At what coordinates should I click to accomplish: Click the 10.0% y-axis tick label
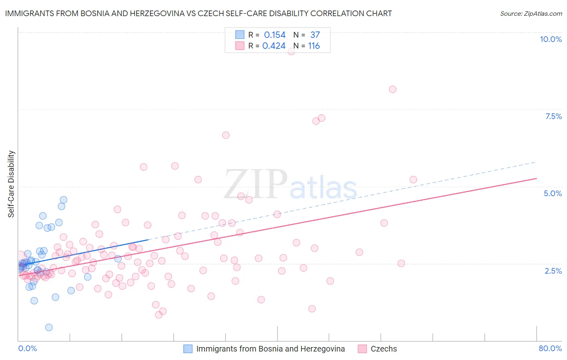[x=550, y=39]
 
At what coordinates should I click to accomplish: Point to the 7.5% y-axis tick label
[x=553, y=116]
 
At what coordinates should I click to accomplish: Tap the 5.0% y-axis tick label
[x=552, y=193]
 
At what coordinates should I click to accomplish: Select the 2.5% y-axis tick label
[x=553, y=271]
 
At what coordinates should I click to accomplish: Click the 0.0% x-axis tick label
[x=27, y=348]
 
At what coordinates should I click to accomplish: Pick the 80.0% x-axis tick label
[x=550, y=348]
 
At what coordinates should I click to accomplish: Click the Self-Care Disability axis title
[x=11, y=184]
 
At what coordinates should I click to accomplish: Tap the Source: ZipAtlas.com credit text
[x=531, y=13]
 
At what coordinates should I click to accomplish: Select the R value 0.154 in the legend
[x=275, y=35]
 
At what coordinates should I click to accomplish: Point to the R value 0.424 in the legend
[x=274, y=46]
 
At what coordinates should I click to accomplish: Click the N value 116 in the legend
[x=314, y=46]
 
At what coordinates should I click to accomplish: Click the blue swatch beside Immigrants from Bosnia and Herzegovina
[x=188, y=349]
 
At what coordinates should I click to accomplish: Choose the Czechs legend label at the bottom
[x=384, y=349]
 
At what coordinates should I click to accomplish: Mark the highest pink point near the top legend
[x=291, y=51]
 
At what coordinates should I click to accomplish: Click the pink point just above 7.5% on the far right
[x=392, y=89]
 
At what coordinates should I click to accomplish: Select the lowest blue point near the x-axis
[x=49, y=327]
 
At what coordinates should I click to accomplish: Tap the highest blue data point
[x=63, y=200]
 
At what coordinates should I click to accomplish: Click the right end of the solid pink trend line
[x=536, y=178]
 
